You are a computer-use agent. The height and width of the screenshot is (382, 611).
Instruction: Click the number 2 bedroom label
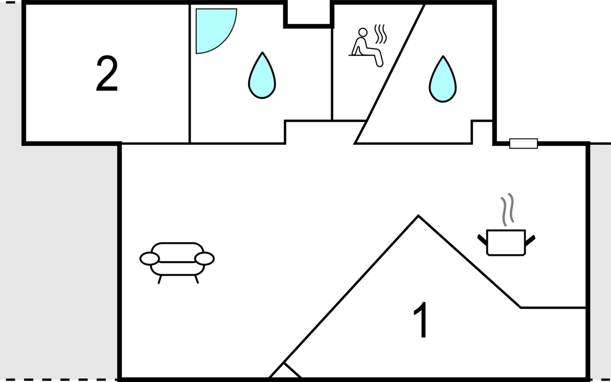tap(107, 74)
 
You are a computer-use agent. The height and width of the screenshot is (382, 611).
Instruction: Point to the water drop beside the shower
tap(262, 75)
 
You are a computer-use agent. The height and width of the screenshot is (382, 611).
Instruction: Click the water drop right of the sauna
tap(443, 79)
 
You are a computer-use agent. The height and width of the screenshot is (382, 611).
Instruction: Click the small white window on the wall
tap(523, 144)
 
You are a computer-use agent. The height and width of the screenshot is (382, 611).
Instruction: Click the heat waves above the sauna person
tap(381, 34)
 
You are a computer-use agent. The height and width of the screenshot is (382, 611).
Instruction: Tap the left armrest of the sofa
tap(149, 258)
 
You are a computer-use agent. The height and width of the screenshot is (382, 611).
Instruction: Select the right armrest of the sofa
tap(205, 258)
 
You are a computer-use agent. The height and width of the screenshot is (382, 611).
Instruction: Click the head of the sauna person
tap(363, 32)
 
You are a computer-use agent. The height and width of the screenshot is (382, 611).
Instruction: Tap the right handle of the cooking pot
tap(530, 240)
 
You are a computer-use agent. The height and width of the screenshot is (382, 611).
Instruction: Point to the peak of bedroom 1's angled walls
tap(418, 216)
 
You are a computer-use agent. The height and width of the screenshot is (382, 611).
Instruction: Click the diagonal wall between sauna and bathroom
tap(390, 74)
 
